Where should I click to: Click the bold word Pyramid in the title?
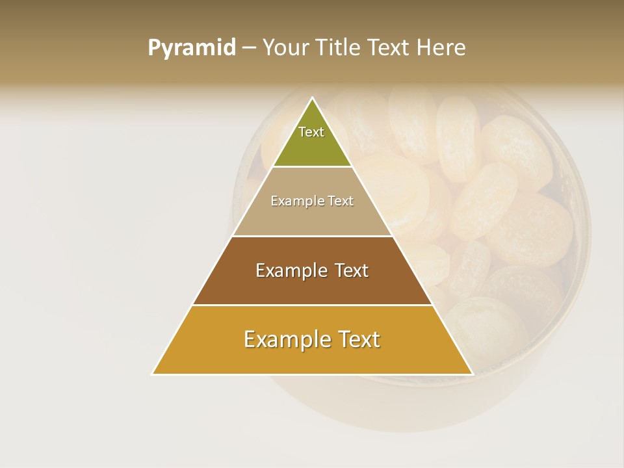[191, 48]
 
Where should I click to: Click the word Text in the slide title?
[389, 47]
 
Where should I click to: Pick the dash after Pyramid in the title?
[248, 48]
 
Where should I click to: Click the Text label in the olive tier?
[311, 132]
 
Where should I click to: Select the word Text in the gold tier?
[358, 339]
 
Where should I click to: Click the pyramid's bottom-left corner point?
[153, 374]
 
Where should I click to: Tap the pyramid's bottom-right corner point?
[473, 374]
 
